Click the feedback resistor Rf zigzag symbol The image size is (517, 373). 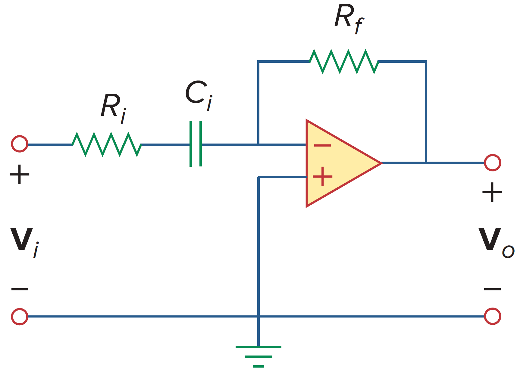pyautogui.click(x=344, y=62)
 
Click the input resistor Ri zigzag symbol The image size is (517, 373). pyautogui.click(x=107, y=144)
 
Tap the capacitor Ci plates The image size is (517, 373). pyautogui.click(x=196, y=144)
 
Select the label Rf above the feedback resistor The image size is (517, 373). pyautogui.click(x=349, y=19)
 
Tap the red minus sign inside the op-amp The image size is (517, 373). pyautogui.click(x=322, y=146)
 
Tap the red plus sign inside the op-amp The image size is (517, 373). pyautogui.click(x=322, y=176)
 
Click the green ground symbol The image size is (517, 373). pyautogui.click(x=258, y=356)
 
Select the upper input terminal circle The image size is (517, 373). pyautogui.click(x=20, y=144)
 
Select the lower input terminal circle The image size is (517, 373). pyautogui.click(x=20, y=316)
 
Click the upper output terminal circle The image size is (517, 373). pyautogui.click(x=492, y=163)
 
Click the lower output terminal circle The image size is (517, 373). pyautogui.click(x=492, y=316)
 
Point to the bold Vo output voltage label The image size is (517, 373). pyautogui.click(x=496, y=241)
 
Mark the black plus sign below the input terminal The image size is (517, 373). pyautogui.click(x=20, y=174)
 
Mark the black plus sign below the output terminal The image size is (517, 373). pyautogui.click(x=492, y=192)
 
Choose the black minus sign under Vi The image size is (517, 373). pyautogui.click(x=20, y=289)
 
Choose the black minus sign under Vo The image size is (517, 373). pyautogui.click(x=492, y=289)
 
